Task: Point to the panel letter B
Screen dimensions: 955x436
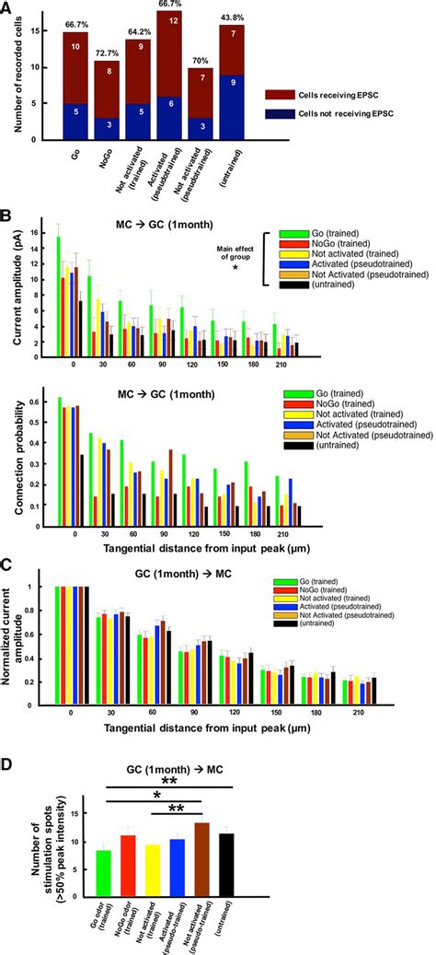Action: pyautogui.click(x=8, y=217)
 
